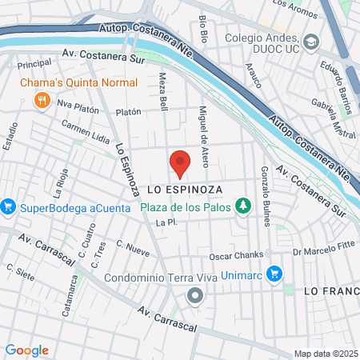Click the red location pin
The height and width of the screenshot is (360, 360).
(180, 162)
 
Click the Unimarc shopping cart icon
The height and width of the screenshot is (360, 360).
(274, 273)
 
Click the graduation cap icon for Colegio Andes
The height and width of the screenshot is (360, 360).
(310, 42)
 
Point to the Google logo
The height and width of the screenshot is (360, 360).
(26, 350)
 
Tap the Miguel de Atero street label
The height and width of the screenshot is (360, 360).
(204, 136)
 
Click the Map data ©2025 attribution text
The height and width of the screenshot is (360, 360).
(325, 353)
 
